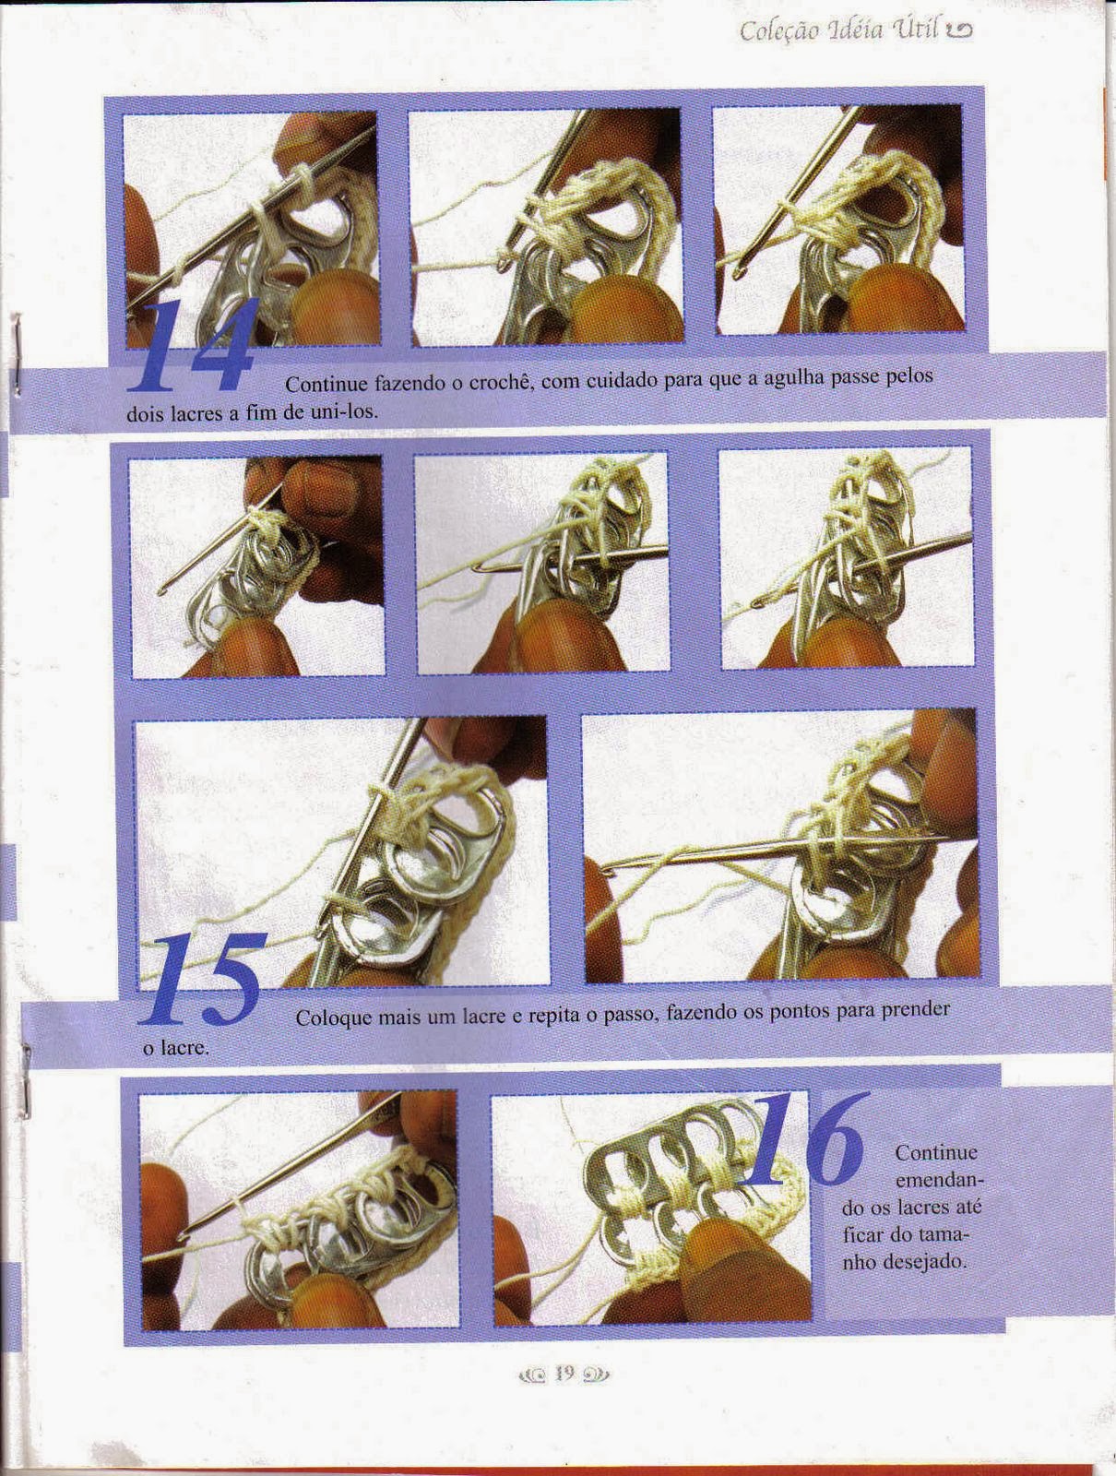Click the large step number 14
(x=192, y=346)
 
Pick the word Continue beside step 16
(x=936, y=1152)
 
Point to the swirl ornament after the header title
(x=959, y=31)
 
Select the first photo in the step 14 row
(x=251, y=229)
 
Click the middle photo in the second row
(x=542, y=562)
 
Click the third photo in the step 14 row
(x=838, y=220)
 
